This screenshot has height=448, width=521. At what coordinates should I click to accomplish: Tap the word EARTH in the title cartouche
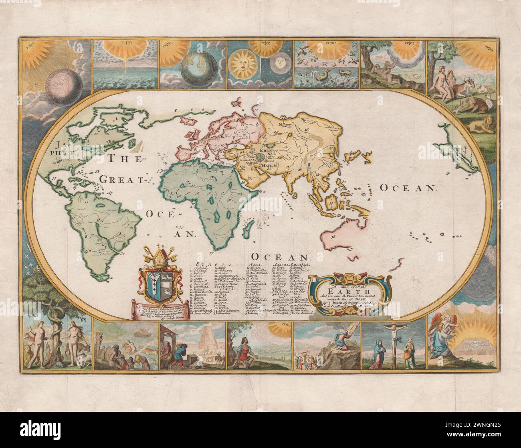pos(335,291)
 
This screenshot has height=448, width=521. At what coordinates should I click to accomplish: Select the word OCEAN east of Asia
pos(407,188)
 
